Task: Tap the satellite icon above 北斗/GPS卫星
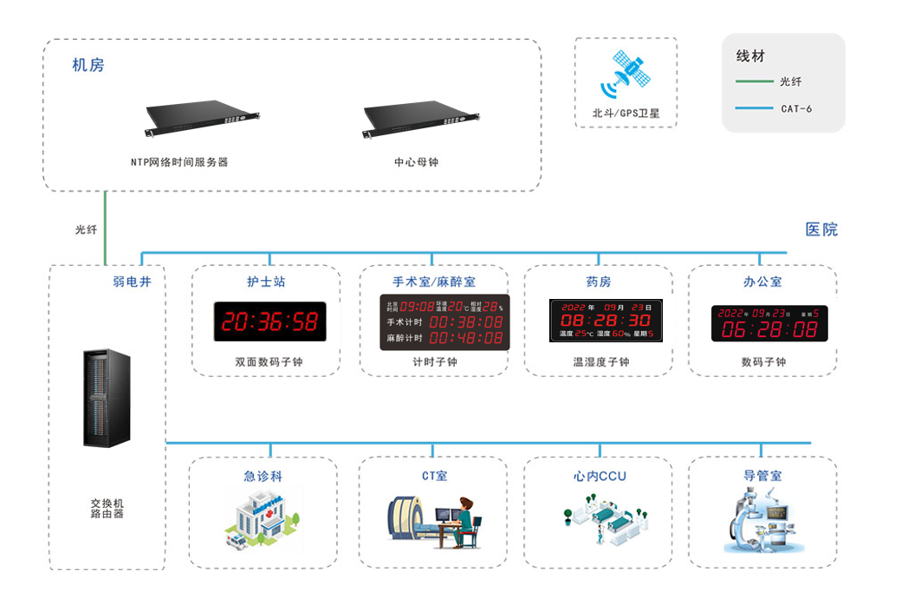pos(626,76)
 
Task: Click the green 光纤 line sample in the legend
pos(753,82)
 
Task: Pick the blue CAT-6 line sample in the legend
pos(753,108)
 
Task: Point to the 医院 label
pos(821,230)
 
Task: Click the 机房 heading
pos(88,66)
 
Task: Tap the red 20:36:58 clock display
pos(270,321)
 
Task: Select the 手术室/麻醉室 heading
pos(434,282)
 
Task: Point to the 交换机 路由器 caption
pos(107,508)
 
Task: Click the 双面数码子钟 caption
pos(269,362)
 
